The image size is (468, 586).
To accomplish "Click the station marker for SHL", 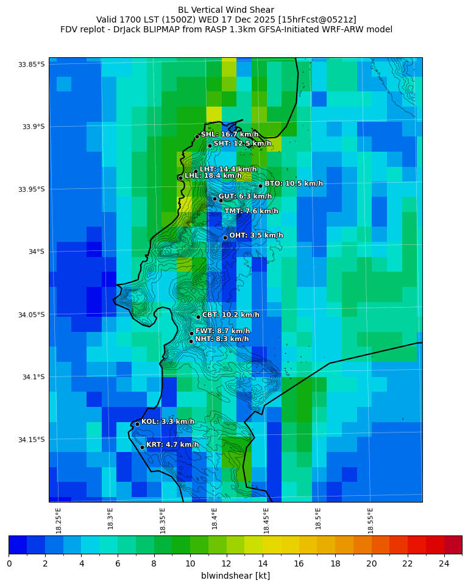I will (x=197, y=136).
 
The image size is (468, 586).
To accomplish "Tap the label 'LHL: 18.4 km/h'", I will (x=212, y=175).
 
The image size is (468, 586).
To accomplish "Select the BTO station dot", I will (x=260, y=186).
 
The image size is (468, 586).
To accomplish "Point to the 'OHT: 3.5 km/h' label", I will (x=256, y=235).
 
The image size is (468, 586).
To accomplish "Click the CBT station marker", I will (x=198, y=317).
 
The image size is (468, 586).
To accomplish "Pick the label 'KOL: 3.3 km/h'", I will (x=168, y=422).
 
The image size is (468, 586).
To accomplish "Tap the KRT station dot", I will (x=142, y=447).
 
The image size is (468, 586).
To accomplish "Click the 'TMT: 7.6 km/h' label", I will (x=251, y=211).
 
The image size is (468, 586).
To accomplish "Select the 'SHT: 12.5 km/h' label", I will (x=242, y=144).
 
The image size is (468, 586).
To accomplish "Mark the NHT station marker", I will (x=191, y=341).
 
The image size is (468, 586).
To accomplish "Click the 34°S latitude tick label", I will (x=36, y=252).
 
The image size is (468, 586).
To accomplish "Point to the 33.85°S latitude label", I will (x=32, y=65).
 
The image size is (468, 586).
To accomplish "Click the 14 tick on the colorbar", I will (x=263, y=563).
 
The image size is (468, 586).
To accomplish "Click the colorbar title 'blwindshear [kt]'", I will (x=235, y=576).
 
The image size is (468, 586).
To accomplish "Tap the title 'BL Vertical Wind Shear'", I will (x=226, y=10).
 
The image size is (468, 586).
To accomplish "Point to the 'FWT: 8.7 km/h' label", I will (x=222, y=331).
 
